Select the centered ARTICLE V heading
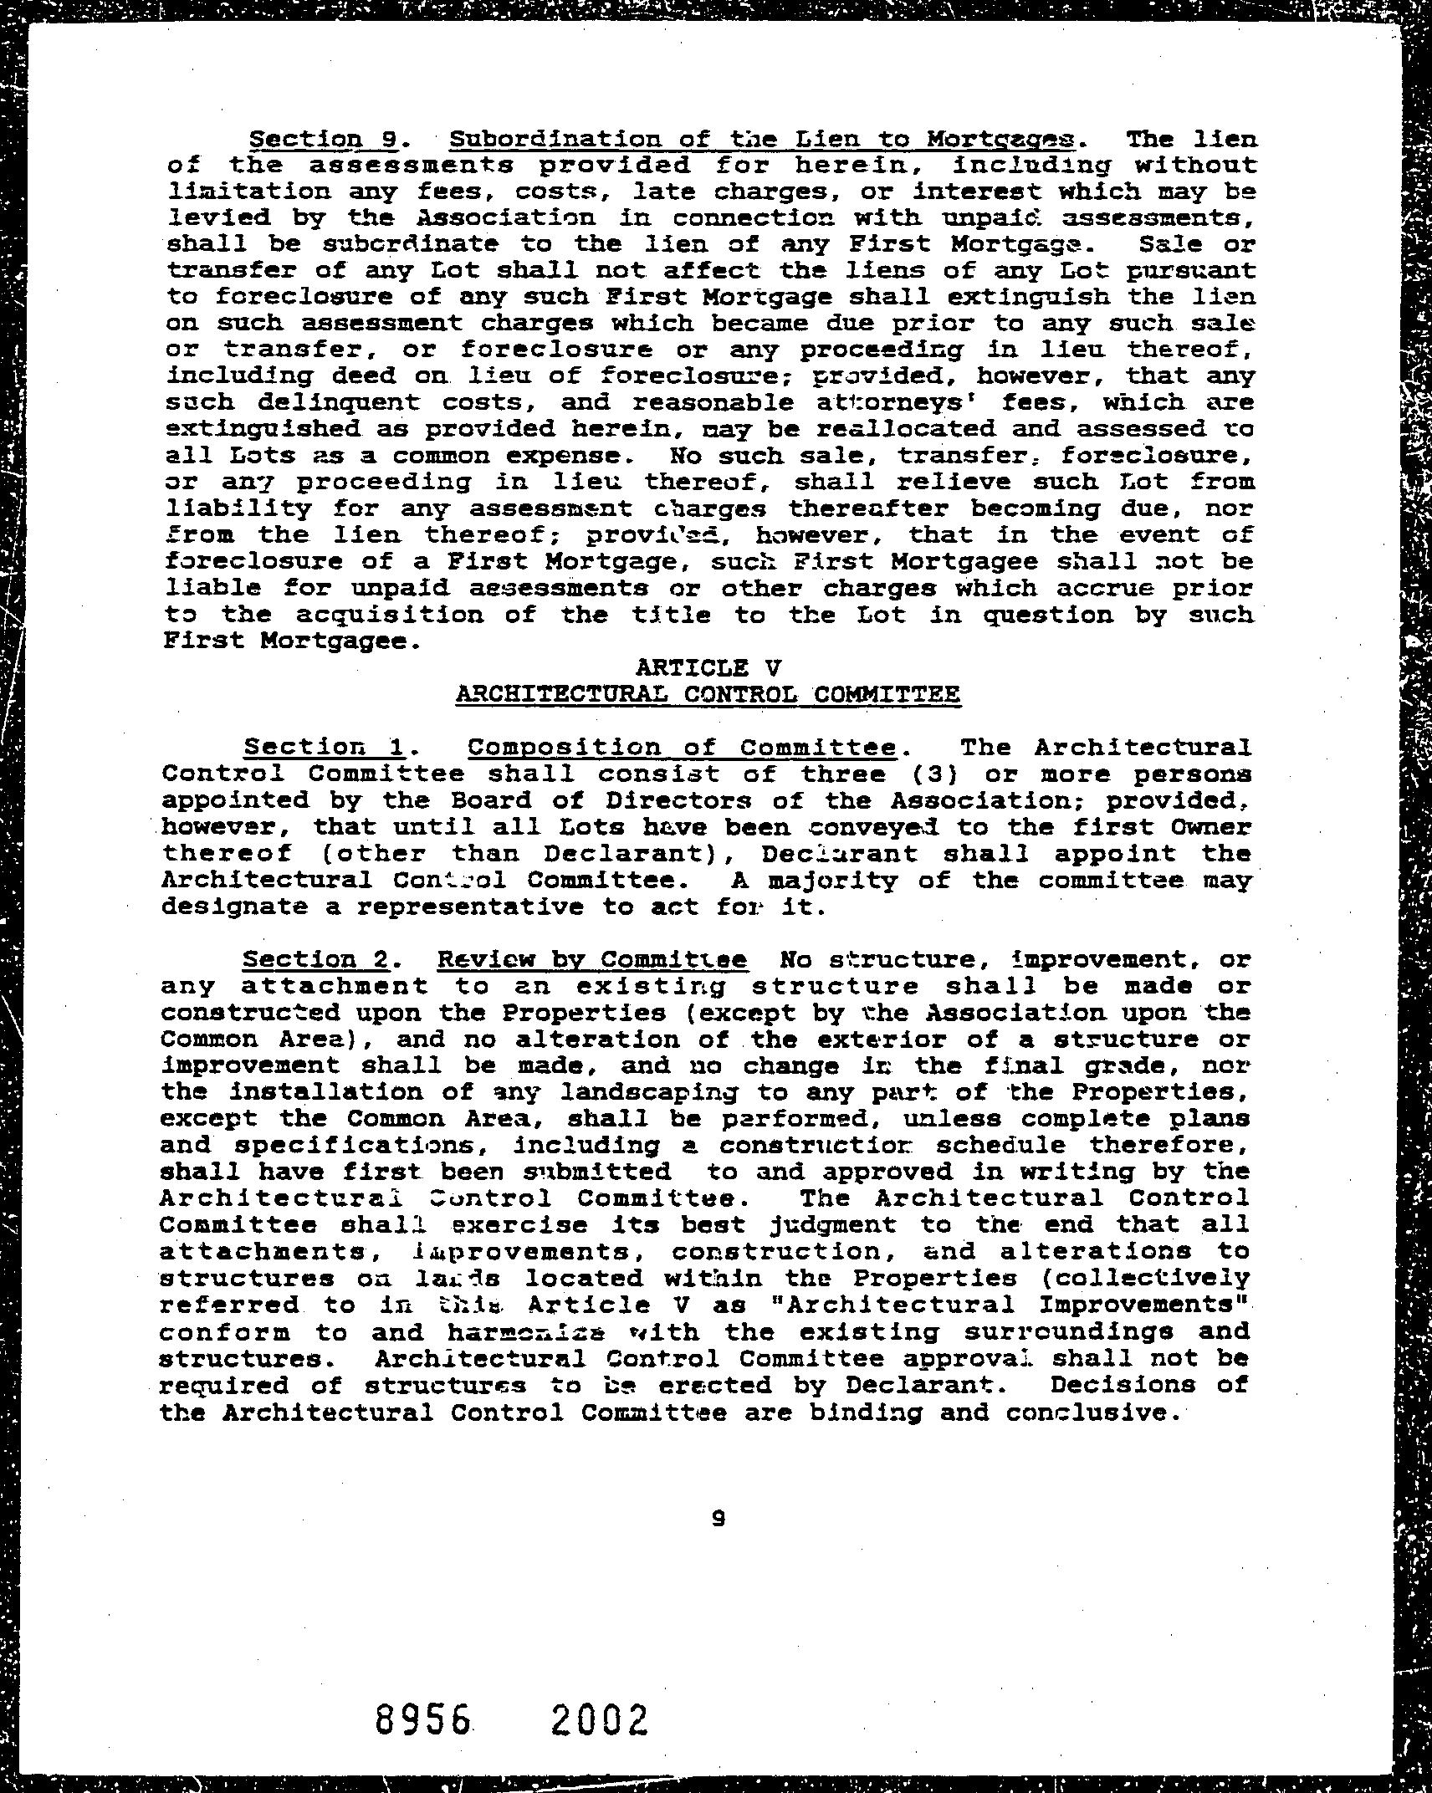click(x=708, y=667)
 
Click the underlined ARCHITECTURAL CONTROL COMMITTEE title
click(x=708, y=694)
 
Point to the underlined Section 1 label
click(x=318, y=747)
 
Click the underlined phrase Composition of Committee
click(x=682, y=747)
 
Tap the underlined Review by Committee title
click(x=592, y=959)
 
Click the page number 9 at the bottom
click(x=717, y=1518)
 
